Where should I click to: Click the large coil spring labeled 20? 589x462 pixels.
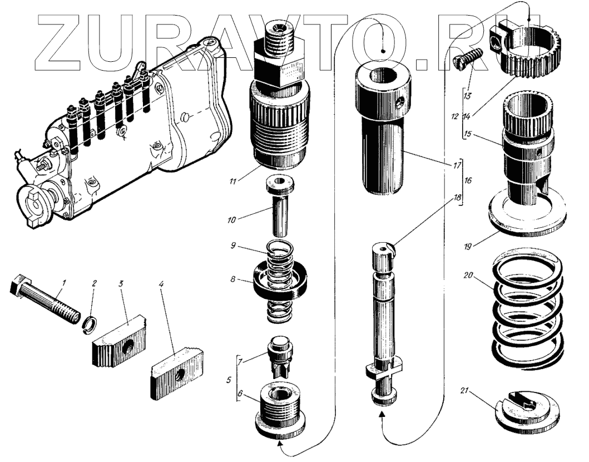point(527,312)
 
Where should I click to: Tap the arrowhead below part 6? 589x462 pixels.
point(280,444)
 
